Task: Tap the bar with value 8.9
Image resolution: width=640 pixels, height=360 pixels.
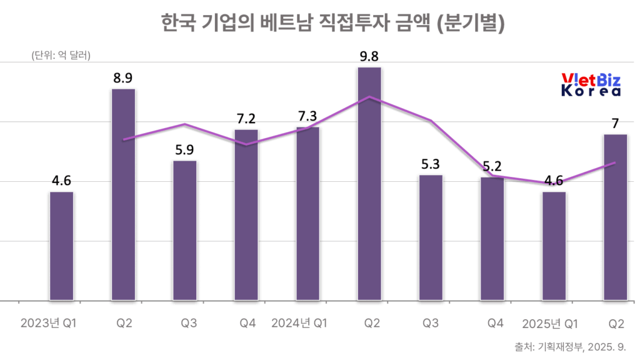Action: coord(123,194)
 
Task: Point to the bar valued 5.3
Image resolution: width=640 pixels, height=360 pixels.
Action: coord(431,237)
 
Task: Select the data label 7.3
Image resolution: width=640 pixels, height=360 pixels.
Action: coord(307,116)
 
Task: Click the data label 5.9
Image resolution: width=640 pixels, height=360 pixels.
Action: coord(184,150)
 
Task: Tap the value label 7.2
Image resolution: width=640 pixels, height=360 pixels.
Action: coord(246,119)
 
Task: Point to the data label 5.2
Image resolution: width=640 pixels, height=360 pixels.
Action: coord(492,166)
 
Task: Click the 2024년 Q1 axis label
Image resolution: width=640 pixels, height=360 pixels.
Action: coord(299,323)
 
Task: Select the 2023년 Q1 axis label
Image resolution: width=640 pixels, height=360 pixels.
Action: coord(49,323)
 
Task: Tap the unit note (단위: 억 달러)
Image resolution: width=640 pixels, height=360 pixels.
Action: coord(61,55)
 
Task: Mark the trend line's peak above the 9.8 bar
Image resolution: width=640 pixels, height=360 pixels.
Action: coord(369,97)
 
